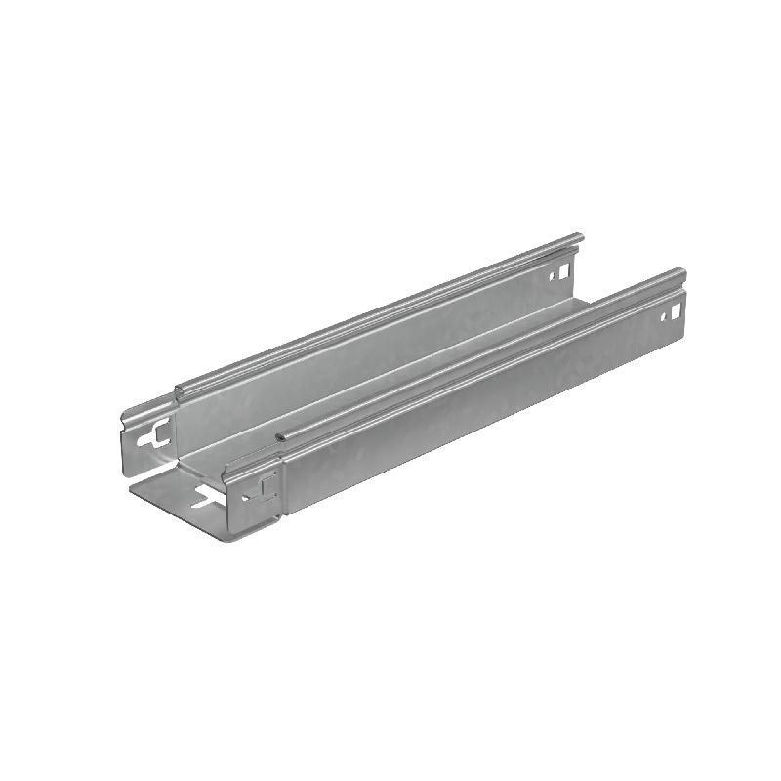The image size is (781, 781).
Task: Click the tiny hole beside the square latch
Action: tap(246, 495)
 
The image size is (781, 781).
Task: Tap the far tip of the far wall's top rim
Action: tap(580, 236)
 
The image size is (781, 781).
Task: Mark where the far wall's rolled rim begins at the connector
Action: tap(178, 390)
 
